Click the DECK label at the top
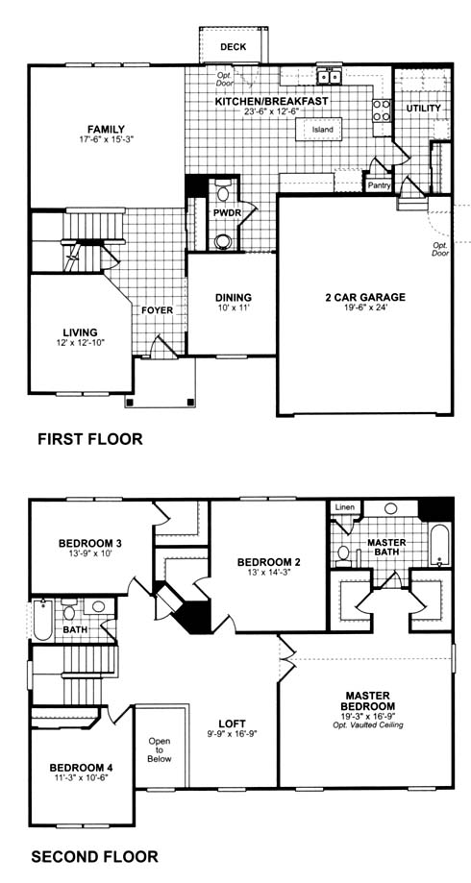[x=234, y=47]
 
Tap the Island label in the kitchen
[x=323, y=130]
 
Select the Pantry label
[x=379, y=185]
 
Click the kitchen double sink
[x=329, y=76]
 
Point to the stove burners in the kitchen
[x=382, y=110]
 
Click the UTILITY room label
[x=423, y=108]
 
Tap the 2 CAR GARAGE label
[x=365, y=298]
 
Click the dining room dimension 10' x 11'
[x=234, y=308]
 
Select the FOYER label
[x=157, y=310]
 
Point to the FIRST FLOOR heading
[x=90, y=439]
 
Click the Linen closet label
[x=345, y=507]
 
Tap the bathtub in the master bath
[x=438, y=545]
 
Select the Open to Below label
[x=159, y=750]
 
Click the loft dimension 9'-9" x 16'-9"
[x=234, y=733]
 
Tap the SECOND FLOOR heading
[x=94, y=857]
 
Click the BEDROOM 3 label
[x=90, y=544]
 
